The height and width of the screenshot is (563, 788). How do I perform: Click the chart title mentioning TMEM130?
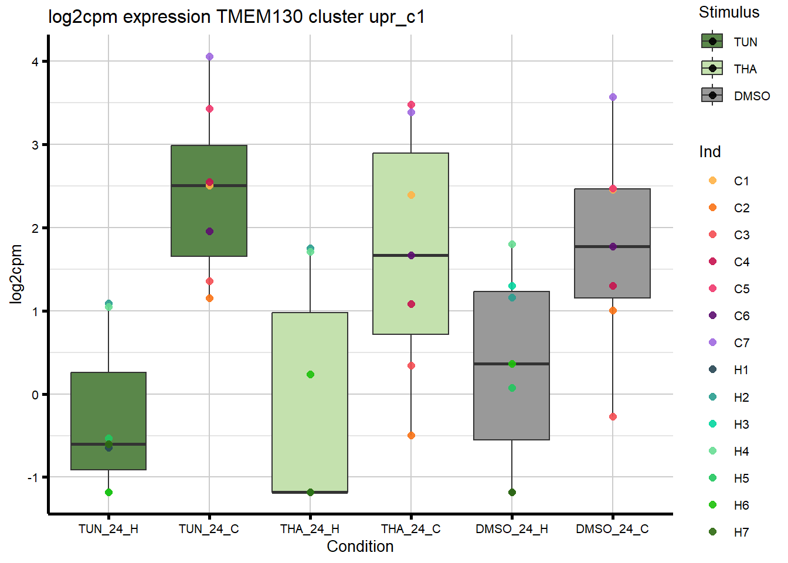pos(236,17)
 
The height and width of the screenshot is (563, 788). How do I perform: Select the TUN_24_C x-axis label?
pos(209,529)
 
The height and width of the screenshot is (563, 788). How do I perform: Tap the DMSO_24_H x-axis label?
pos(512,529)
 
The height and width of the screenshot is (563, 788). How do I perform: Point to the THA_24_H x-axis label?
pos(310,529)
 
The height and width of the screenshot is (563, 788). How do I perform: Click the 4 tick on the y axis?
pos(35,62)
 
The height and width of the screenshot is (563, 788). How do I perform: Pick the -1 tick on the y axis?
pos(33,477)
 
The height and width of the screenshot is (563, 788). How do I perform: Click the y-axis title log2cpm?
pos(16,274)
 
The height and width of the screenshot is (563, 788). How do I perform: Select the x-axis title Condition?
pos(360,547)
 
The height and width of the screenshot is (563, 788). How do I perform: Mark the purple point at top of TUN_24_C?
pos(209,57)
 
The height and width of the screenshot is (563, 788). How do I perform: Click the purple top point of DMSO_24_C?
pos(613,97)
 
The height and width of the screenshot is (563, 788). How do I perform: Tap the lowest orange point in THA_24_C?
pos(411,436)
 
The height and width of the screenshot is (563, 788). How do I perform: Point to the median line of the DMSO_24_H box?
pos(511,364)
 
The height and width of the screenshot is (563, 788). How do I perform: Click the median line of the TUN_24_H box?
pos(108,445)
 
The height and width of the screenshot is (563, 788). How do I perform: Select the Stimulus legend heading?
pos(729,12)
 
